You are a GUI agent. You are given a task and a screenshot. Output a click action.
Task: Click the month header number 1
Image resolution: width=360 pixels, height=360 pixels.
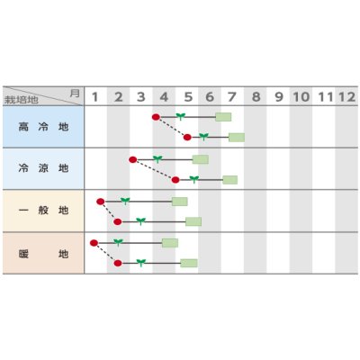coord(95,97)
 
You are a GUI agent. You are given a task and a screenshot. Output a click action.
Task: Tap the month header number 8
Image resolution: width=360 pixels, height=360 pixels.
coord(256,97)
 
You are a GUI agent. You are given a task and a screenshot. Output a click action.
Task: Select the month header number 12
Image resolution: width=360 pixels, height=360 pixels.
coord(347,97)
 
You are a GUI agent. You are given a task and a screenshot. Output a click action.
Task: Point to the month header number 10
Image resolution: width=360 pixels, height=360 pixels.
coord(301,97)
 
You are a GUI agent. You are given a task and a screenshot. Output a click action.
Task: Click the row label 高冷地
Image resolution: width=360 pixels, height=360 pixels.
coord(43,127)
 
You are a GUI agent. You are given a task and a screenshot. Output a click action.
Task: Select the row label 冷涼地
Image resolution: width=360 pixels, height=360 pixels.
coord(43,168)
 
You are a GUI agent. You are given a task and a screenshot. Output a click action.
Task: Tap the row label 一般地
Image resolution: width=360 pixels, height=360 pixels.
coord(43,211)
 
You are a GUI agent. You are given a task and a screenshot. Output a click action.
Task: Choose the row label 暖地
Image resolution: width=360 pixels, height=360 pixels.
coord(43,254)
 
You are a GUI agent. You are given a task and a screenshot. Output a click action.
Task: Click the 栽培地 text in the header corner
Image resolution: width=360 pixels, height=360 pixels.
coord(22,100)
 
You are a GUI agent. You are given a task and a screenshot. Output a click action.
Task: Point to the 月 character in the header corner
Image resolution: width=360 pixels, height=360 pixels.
coord(75,93)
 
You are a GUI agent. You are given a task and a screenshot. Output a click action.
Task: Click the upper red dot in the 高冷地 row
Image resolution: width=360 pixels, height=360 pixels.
coord(156,117)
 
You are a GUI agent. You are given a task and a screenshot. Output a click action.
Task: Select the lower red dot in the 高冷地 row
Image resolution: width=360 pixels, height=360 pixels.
coord(187,138)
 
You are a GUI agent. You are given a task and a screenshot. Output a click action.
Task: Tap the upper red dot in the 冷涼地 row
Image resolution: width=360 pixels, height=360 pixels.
coord(132,159)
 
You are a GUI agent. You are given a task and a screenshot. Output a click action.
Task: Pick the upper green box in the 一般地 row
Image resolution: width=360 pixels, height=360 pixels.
coord(180,202)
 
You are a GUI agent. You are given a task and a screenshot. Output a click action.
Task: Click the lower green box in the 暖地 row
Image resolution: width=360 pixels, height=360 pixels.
coord(189,263)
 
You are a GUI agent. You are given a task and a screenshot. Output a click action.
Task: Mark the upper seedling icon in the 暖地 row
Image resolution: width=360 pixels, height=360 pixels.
coord(118,242)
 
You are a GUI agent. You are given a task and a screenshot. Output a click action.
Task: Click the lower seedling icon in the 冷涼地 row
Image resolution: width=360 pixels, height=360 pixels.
coord(194,179)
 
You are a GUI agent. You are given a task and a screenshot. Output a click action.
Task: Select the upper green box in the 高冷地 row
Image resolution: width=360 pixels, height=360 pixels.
coord(223,117)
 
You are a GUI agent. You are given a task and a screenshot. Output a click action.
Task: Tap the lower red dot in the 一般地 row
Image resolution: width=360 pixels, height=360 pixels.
coord(118,222)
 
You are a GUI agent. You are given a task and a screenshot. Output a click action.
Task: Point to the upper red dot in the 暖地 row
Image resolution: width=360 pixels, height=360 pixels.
coord(94,243)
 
